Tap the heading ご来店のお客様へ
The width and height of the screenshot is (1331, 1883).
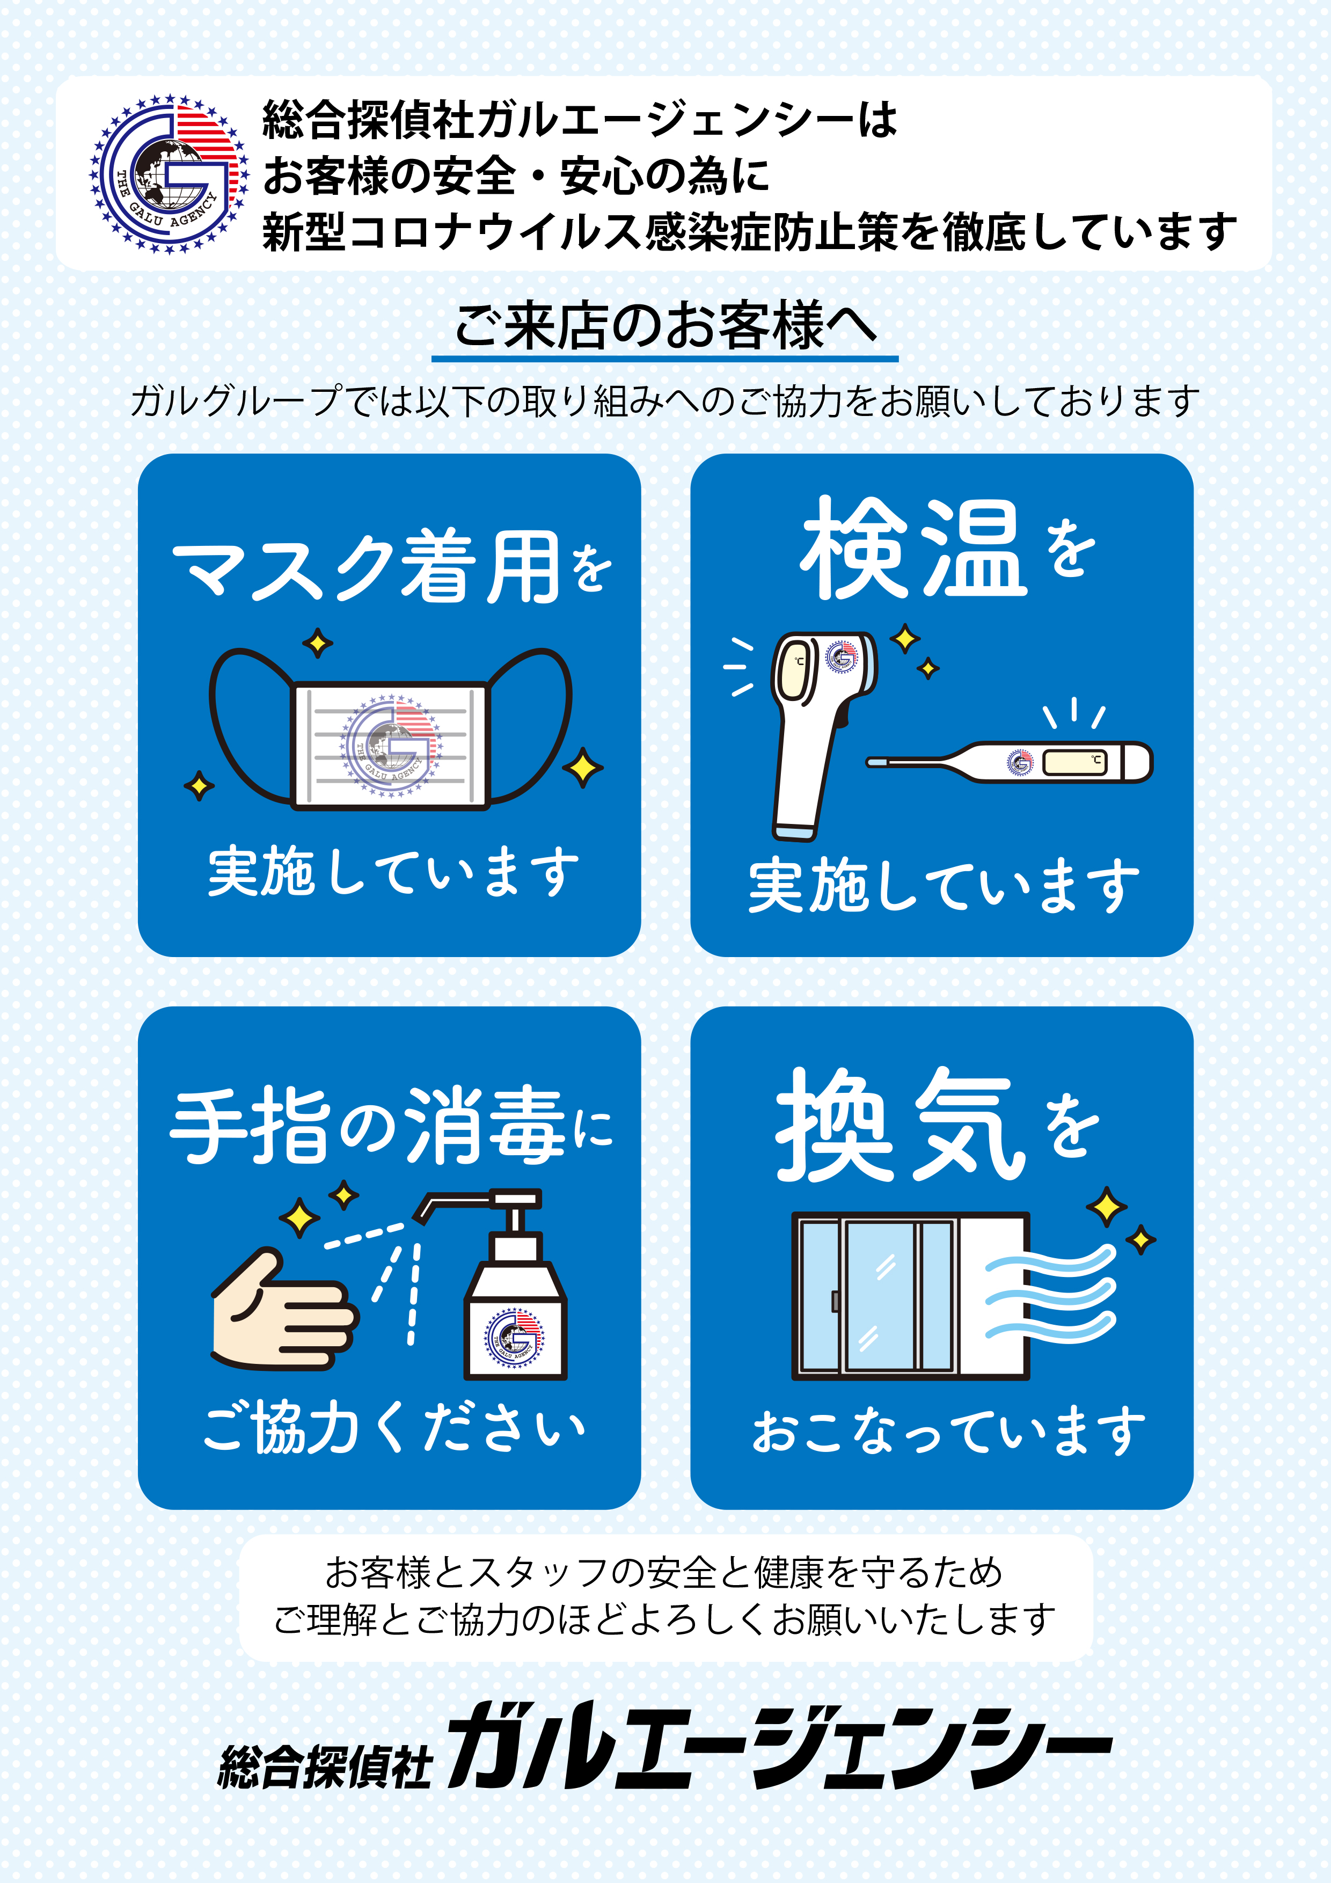click(x=665, y=326)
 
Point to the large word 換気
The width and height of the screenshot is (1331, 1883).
click(x=899, y=1125)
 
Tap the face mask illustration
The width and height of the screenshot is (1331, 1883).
click(x=390, y=742)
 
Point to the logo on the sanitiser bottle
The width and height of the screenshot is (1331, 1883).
click(x=514, y=1337)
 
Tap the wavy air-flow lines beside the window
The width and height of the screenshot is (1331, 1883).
click(x=1050, y=1295)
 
